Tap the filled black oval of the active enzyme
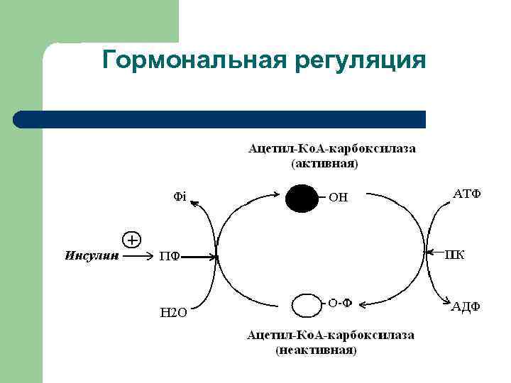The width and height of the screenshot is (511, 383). point(301,197)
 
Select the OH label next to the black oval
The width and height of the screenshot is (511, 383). point(339,198)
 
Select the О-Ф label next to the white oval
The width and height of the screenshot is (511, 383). point(340,303)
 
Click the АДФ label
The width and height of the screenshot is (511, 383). point(466,306)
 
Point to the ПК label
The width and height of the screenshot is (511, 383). point(455,255)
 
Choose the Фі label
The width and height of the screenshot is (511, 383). point(180,196)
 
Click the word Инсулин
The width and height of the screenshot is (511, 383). point(91,255)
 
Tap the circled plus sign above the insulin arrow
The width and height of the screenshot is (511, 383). point(132,239)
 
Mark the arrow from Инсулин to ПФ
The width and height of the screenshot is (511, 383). point(137,256)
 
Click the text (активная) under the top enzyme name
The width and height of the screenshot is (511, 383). point(325,164)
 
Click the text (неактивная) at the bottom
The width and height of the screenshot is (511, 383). point(317,350)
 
